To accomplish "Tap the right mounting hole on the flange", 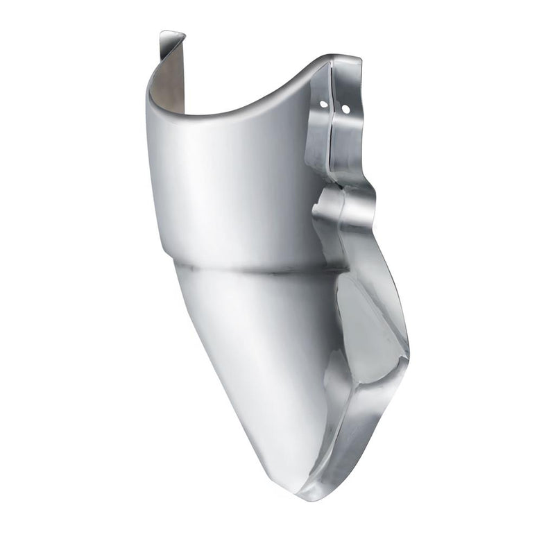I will pos(345,109).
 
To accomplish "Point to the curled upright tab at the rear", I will pos(170,44).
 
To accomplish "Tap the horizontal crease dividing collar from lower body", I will pos(250,266).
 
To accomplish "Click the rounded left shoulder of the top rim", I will pos(151,94).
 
